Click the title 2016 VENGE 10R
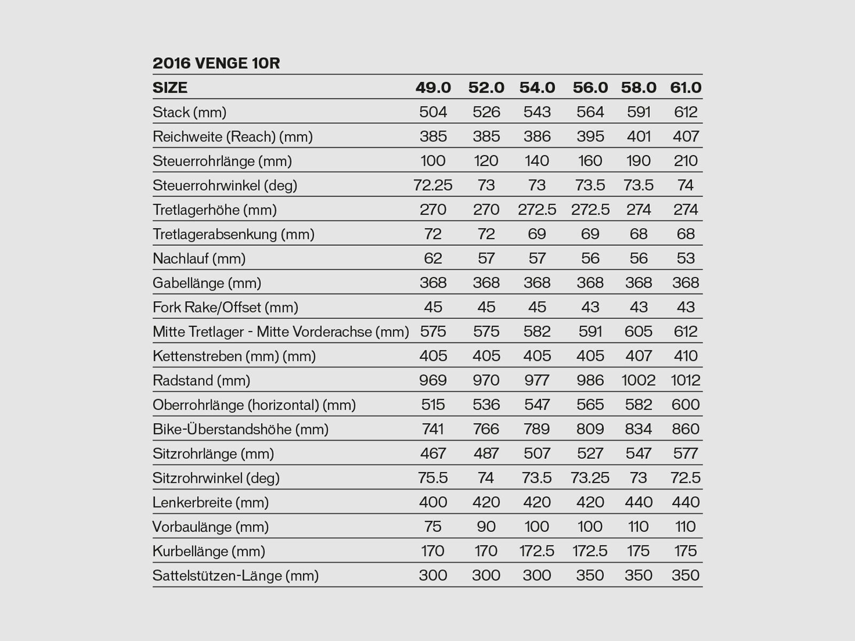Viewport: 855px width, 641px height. tap(216, 63)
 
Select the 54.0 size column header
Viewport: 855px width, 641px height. tap(537, 88)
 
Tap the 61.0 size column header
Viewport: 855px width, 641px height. tap(686, 88)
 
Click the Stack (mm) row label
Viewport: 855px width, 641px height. tap(189, 112)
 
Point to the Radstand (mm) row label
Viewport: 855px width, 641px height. tap(201, 380)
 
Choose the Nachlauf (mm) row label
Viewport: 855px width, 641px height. tap(199, 259)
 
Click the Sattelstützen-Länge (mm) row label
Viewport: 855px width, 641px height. tap(235, 575)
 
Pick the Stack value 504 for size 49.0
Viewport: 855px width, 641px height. tap(433, 112)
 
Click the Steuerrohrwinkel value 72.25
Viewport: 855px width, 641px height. tap(433, 185)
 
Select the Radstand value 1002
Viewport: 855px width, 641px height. tap(638, 380)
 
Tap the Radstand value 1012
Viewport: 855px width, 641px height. tap(685, 380)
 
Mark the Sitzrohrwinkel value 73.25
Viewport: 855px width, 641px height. tap(590, 478)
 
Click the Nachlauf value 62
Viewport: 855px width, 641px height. tap(433, 259)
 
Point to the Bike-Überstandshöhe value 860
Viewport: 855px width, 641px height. tap(686, 429)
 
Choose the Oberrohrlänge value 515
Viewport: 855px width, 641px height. tap(433, 405)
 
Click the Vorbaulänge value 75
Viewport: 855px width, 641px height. tap(433, 527)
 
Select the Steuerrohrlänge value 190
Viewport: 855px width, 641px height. tap(638, 161)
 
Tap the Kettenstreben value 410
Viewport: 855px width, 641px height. tap(686, 356)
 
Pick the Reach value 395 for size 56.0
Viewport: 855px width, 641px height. tap(590, 137)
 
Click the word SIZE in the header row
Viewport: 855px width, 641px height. tap(170, 88)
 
